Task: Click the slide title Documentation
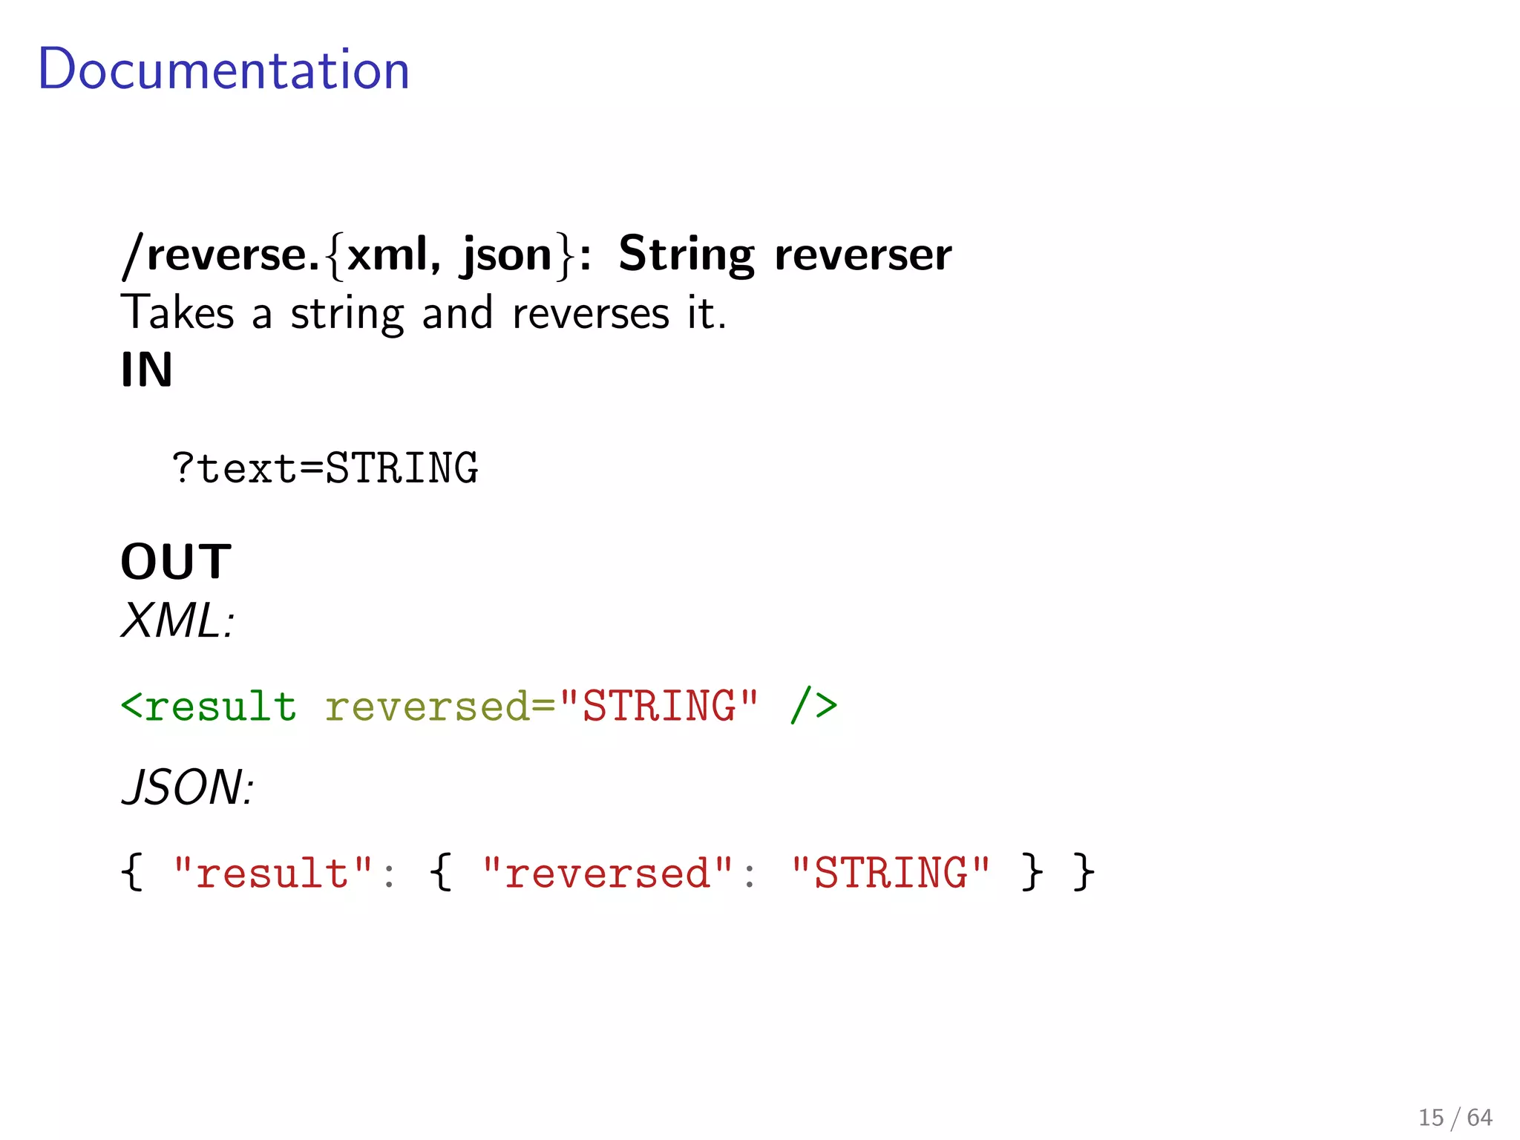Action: click(x=223, y=69)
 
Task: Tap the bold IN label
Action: click(x=147, y=370)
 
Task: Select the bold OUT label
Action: click(x=176, y=562)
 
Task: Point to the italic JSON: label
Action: click(x=188, y=787)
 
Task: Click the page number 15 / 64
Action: click(x=1455, y=1117)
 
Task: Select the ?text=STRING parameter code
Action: click(x=325, y=468)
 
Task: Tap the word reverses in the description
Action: click(x=591, y=313)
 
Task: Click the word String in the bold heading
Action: click(x=686, y=255)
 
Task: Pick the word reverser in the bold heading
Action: click(x=862, y=255)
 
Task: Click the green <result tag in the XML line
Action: click(x=209, y=706)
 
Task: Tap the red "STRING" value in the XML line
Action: click(x=659, y=706)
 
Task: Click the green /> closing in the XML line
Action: click(x=814, y=706)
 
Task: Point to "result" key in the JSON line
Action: click(x=272, y=873)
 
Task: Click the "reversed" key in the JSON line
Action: click(x=607, y=873)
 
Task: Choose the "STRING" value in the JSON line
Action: click(x=891, y=873)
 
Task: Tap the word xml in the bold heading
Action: click(x=388, y=255)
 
